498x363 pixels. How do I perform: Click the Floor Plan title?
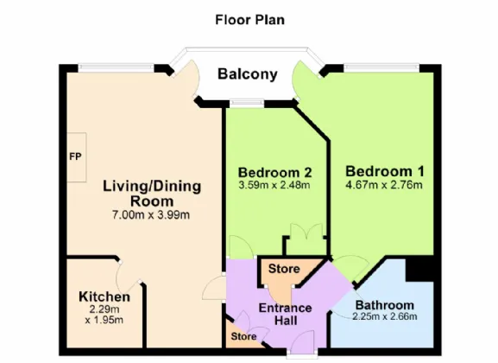[x=250, y=20]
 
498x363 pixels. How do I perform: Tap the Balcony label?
[x=248, y=74]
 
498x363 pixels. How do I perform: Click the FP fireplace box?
[x=77, y=157]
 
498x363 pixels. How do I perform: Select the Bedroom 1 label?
[x=385, y=171]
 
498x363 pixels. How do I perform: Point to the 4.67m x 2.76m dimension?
[x=384, y=185]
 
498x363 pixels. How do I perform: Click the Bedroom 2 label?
[x=275, y=173]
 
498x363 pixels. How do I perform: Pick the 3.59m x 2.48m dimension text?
[x=274, y=185]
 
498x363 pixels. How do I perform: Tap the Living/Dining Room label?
[x=152, y=194]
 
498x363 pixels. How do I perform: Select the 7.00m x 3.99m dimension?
[x=151, y=215]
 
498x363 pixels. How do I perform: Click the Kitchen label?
[x=104, y=296]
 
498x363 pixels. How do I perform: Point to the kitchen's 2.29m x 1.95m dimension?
[x=104, y=315]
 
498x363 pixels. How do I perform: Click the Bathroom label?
[x=385, y=305]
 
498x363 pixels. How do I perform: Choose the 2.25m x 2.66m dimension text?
[x=385, y=316]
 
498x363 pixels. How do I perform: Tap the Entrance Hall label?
[x=285, y=315]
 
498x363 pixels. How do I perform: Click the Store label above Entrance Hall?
[x=284, y=269]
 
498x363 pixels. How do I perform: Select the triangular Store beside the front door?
[x=243, y=336]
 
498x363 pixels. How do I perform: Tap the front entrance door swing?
[x=303, y=340]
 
